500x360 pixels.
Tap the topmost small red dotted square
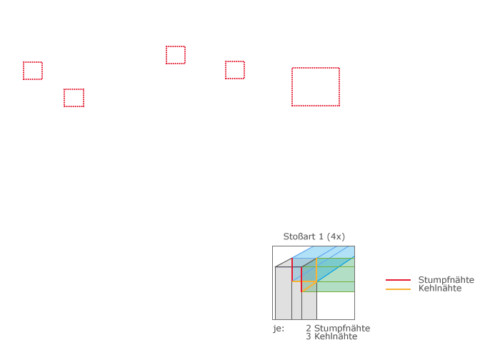[x=176, y=46]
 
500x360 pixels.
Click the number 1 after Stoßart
[x=321, y=236]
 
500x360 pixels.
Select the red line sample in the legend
[x=398, y=280]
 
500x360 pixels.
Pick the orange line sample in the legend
[x=398, y=289]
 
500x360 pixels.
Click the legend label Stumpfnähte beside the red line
[x=446, y=280]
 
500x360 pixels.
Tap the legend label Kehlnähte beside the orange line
[x=440, y=289]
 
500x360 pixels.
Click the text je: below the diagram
[x=279, y=329]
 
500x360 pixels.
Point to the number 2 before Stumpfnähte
[x=309, y=328]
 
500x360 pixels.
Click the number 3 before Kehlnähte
[x=309, y=336]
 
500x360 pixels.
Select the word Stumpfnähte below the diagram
[x=342, y=328]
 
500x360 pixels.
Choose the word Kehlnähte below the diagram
[x=336, y=336]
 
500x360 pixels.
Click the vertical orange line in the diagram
[x=316, y=270]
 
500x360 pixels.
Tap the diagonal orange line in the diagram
[x=309, y=286]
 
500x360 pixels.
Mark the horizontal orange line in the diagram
[x=304, y=281]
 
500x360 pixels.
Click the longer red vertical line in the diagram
[x=301, y=279]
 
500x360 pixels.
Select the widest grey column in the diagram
[x=284, y=293]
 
